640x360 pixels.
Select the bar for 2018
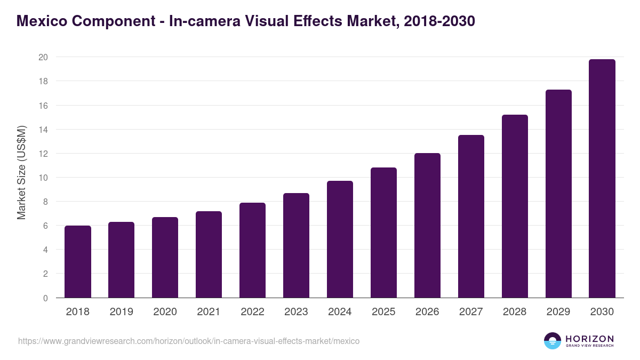tap(78, 262)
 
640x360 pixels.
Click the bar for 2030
tap(602, 179)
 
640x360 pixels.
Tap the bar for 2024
tap(340, 239)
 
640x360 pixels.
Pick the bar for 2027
tap(471, 217)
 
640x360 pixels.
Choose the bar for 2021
tap(209, 254)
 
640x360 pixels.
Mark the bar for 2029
tap(558, 194)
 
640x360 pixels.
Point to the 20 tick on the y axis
tap(43, 57)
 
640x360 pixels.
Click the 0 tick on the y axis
tap(45, 298)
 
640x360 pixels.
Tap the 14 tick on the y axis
tap(43, 130)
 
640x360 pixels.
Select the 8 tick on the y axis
tap(45, 202)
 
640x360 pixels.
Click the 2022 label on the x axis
tap(252, 312)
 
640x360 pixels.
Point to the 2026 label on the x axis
tap(427, 312)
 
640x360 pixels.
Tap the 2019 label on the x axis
tap(121, 312)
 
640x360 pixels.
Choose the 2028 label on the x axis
tap(515, 312)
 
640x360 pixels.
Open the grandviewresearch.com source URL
tap(189, 341)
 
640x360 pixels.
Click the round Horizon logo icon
tap(553, 341)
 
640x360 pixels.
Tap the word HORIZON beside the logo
tap(589, 338)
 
